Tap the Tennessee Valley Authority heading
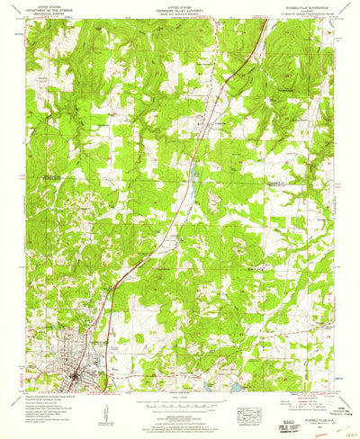pyautogui.click(x=180, y=9)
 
